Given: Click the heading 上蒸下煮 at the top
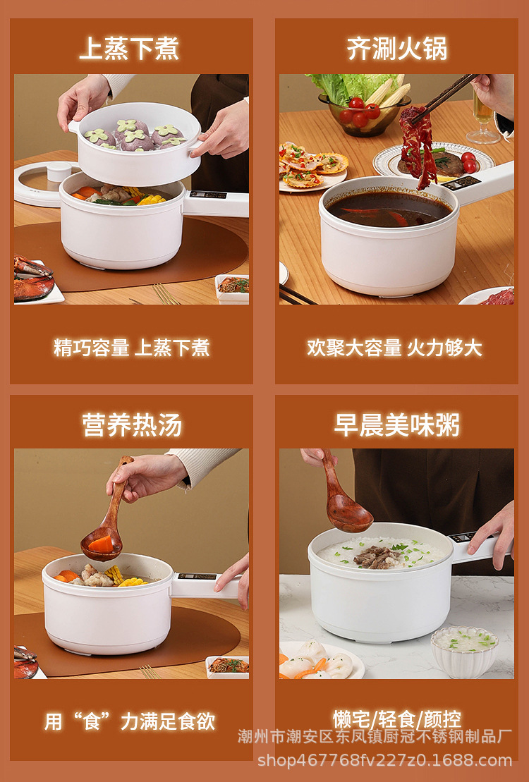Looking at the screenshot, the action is point(129,49).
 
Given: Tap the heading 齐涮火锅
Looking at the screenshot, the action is point(396,49).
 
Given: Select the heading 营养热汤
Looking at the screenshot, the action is point(132,425).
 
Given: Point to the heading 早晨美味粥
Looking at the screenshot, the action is point(396,425).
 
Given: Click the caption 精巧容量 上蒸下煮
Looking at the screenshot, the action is point(132,348).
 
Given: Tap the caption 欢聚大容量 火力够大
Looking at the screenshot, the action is point(394,348).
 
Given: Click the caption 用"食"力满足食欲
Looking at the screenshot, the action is point(130,721).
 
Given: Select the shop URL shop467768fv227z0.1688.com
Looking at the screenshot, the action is point(385,760).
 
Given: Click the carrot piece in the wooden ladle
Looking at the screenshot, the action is point(102,544).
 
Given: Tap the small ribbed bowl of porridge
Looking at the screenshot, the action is point(464,651).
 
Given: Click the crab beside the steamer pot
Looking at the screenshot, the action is point(32,279).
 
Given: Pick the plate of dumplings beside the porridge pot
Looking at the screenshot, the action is point(320,661).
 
